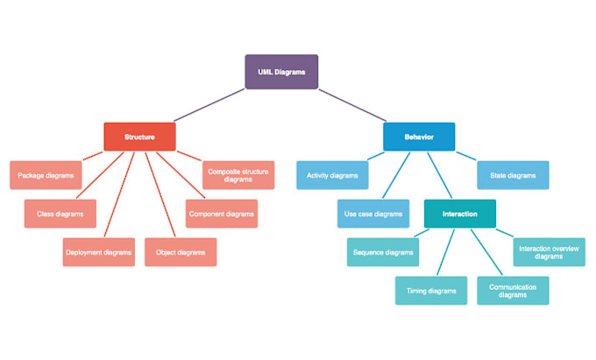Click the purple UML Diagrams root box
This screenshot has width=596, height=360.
pos(281,72)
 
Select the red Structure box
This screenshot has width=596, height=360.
pos(139,137)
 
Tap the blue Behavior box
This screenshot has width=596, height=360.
pos(419,137)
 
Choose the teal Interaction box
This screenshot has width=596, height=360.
pos(460,214)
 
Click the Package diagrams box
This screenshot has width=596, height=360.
pos(46,175)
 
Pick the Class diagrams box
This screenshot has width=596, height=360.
pos(60,214)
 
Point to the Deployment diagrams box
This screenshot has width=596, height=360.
pos(99,252)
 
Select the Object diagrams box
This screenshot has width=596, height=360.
pos(181,252)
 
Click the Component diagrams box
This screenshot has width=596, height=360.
pos(222,214)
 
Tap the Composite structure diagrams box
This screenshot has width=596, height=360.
pos(238,175)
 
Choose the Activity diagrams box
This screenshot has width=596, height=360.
pos(332,175)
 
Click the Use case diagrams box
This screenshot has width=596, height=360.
pos(373,214)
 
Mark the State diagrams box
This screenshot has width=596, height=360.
pos(513,175)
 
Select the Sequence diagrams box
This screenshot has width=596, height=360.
pos(383,252)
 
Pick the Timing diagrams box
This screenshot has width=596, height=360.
pos(430,291)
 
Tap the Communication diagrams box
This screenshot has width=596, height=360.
pos(513,291)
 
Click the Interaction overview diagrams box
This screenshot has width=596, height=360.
pos(549,252)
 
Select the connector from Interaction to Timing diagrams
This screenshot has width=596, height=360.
pos(446,252)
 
